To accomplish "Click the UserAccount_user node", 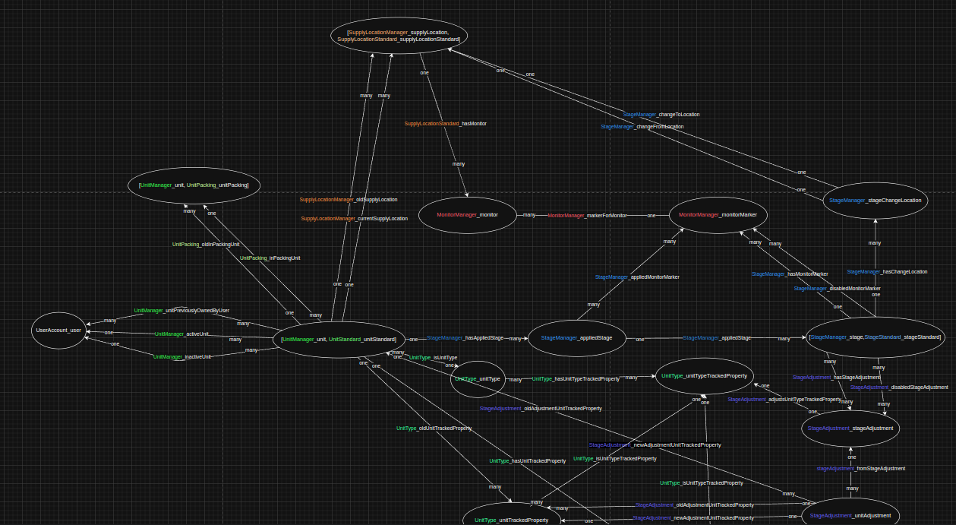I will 58,330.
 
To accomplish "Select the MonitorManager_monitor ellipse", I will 467,215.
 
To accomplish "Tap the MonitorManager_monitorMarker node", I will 718,215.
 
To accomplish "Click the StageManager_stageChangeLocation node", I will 875,201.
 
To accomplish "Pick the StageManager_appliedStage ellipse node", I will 576,338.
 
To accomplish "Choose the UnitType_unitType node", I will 478,378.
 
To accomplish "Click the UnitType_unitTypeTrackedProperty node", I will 704,376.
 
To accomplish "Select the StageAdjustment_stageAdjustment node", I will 850,429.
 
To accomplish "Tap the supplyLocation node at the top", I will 399,36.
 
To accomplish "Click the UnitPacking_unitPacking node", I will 194,185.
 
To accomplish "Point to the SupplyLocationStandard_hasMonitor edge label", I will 445,123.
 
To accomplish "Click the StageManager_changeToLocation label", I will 661,115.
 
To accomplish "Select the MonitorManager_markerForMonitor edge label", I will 587,216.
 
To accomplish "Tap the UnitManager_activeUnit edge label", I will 181,334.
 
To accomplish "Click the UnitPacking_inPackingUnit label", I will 270,258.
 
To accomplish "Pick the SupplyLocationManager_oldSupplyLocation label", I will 348,200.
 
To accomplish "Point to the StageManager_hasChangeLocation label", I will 887,272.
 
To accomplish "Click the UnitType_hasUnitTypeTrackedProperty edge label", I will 575,378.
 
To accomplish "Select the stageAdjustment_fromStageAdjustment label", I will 860,469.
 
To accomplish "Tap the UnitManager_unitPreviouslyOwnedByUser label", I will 181,311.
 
